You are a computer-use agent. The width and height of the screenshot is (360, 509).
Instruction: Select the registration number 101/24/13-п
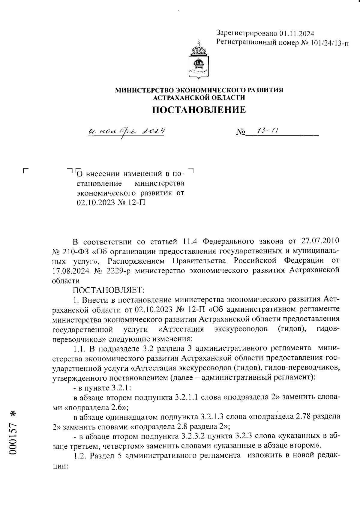pos(329,43)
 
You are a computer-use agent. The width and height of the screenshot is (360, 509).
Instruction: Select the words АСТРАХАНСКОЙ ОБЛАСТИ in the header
pos(199,97)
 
